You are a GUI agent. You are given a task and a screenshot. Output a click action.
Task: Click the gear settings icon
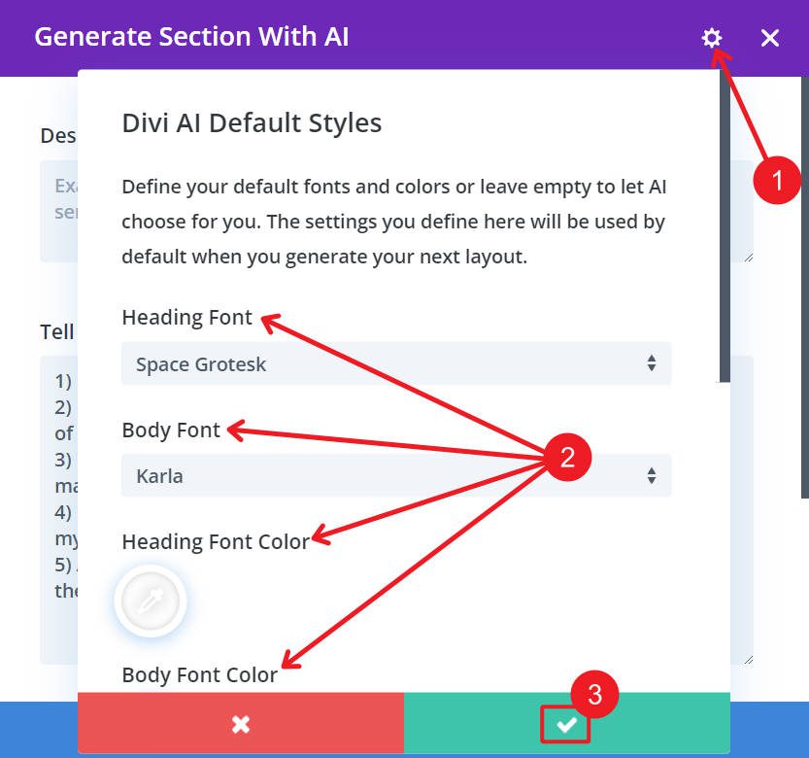(712, 38)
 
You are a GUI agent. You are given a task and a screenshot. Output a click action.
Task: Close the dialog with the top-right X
(770, 38)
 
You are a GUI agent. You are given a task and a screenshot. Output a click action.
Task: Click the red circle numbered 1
(777, 180)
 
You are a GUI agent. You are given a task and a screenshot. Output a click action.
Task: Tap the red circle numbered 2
(568, 458)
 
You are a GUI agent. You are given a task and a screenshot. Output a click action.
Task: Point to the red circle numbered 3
(594, 695)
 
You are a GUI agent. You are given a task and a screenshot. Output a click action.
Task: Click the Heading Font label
(186, 318)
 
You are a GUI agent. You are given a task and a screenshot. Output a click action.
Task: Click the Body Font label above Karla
(171, 430)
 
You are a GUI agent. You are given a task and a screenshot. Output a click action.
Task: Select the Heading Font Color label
(216, 541)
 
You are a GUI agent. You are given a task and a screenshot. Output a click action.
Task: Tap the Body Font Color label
(200, 674)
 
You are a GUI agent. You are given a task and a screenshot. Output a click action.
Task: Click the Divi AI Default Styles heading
(252, 123)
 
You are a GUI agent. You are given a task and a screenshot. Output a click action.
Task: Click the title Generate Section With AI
(191, 37)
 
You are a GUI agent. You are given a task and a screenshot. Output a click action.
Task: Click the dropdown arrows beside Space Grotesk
(651, 364)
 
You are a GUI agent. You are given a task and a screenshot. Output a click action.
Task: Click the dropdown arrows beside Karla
(651, 476)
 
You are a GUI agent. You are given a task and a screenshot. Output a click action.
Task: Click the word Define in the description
(152, 187)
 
